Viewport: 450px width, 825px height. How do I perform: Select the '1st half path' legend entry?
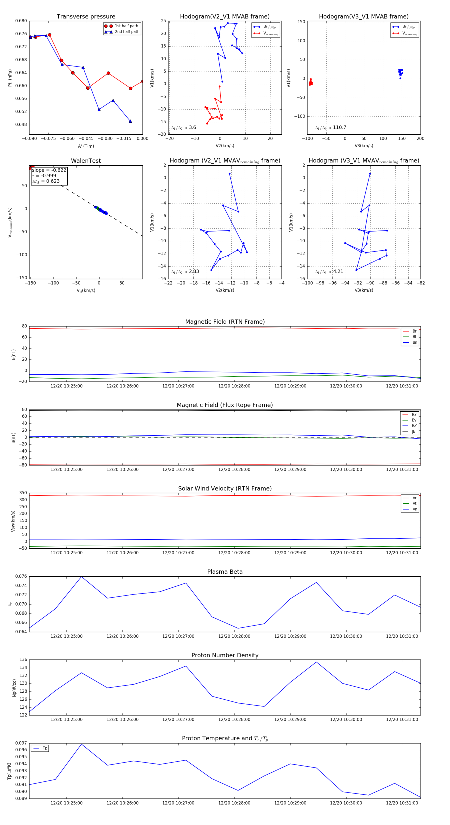(126, 26)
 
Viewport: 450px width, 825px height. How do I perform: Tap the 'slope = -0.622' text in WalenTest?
(49, 170)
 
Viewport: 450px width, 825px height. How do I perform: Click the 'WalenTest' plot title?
(86, 161)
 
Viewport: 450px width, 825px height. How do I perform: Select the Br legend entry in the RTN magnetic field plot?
(414, 331)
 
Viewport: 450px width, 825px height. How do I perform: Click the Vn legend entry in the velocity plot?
(414, 509)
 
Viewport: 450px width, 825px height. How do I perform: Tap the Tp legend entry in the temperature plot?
(45, 748)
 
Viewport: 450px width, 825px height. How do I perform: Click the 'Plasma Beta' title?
(225, 572)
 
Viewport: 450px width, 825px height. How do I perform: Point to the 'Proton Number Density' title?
(225, 655)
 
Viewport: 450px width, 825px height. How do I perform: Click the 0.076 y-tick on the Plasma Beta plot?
(21, 576)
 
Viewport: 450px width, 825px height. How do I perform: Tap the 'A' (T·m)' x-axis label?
(86, 146)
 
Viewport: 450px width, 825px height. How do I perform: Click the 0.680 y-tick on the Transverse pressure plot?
(21, 21)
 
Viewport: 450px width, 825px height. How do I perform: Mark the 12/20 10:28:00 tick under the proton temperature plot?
(234, 803)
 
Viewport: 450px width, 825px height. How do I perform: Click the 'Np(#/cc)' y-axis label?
(14, 687)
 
